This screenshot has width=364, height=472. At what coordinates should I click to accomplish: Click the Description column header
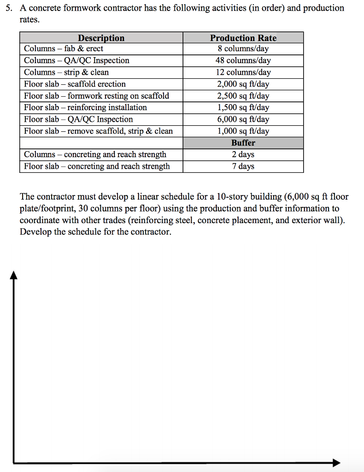pyautogui.click(x=101, y=38)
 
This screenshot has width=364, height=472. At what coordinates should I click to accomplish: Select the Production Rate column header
pyautogui.click(x=243, y=38)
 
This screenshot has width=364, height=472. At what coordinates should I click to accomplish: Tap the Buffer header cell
pyautogui.click(x=243, y=143)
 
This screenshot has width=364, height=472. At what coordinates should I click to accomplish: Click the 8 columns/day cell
pyautogui.click(x=243, y=49)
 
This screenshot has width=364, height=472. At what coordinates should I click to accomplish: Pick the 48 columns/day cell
pyautogui.click(x=243, y=60)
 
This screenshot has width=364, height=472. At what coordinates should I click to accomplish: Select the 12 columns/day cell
pyautogui.click(x=243, y=72)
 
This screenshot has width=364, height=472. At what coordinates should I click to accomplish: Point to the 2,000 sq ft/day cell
pyautogui.click(x=243, y=84)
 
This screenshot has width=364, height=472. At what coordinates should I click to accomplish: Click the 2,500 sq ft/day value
pyautogui.click(x=243, y=96)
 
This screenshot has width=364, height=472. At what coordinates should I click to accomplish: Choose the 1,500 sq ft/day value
pyautogui.click(x=243, y=107)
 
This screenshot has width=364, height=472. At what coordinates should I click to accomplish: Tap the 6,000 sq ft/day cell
pyautogui.click(x=243, y=119)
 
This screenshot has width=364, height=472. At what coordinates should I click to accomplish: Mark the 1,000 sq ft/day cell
pyautogui.click(x=243, y=131)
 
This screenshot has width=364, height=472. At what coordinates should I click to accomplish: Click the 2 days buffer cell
pyautogui.click(x=243, y=154)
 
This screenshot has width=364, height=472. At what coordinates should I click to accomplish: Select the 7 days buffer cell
pyautogui.click(x=243, y=166)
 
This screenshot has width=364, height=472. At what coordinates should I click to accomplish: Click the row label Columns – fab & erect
pyautogui.click(x=64, y=49)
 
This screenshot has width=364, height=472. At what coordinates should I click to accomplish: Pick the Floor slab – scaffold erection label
pyautogui.click(x=75, y=84)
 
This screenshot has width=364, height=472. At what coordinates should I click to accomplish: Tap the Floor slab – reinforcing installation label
pyautogui.click(x=85, y=107)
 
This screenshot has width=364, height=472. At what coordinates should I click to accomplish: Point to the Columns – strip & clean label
pyautogui.click(x=66, y=72)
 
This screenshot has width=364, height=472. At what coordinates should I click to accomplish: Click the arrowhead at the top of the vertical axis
pyautogui.click(x=14, y=275)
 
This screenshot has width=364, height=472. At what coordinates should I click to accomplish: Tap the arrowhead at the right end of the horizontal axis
pyautogui.click(x=336, y=462)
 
